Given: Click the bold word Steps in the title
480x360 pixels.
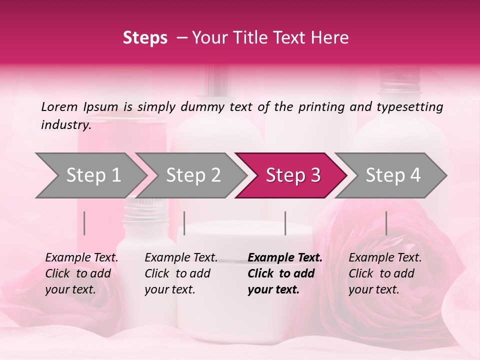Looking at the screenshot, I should click(x=145, y=38).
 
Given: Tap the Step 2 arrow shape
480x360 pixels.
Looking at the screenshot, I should click(x=193, y=175).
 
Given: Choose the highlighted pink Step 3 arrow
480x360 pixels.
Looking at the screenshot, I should click(x=293, y=175).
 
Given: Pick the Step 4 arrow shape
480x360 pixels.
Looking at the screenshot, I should click(x=393, y=175).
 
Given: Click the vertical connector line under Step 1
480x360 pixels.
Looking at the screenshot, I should click(x=84, y=223).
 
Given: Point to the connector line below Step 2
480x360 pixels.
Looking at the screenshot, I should click(x=184, y=223).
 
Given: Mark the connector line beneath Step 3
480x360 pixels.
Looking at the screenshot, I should click(x=285, y=223).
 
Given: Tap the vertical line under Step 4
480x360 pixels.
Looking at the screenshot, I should click(x=386, y=223).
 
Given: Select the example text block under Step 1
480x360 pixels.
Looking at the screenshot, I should click(x=81, y=273).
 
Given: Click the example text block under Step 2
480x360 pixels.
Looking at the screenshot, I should click(x=181, y=273).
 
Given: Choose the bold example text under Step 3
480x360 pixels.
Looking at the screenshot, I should click(x=284, y=273).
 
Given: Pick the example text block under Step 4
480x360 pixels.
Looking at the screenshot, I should click(x=385, y=273).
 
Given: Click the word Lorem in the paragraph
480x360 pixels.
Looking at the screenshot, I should click(x=59, y=106).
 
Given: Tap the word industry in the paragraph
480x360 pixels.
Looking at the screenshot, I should click(x=65, y=125).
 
